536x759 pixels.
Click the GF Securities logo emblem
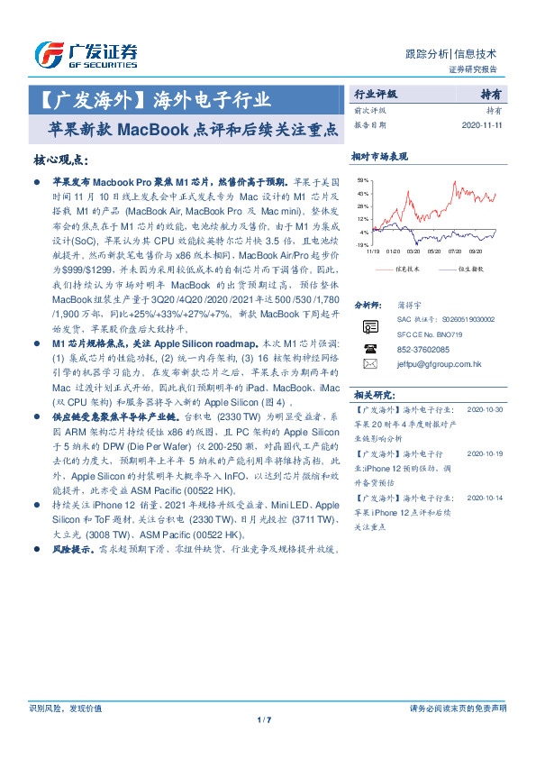(x=48, y=55)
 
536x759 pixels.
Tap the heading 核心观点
(x=60, y=160)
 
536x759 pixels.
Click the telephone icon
(x=369, y=348)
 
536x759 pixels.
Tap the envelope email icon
(x=369, y=364)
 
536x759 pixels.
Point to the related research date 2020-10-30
(x=486, y=408)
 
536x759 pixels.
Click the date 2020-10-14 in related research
(x=486, y=497)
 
